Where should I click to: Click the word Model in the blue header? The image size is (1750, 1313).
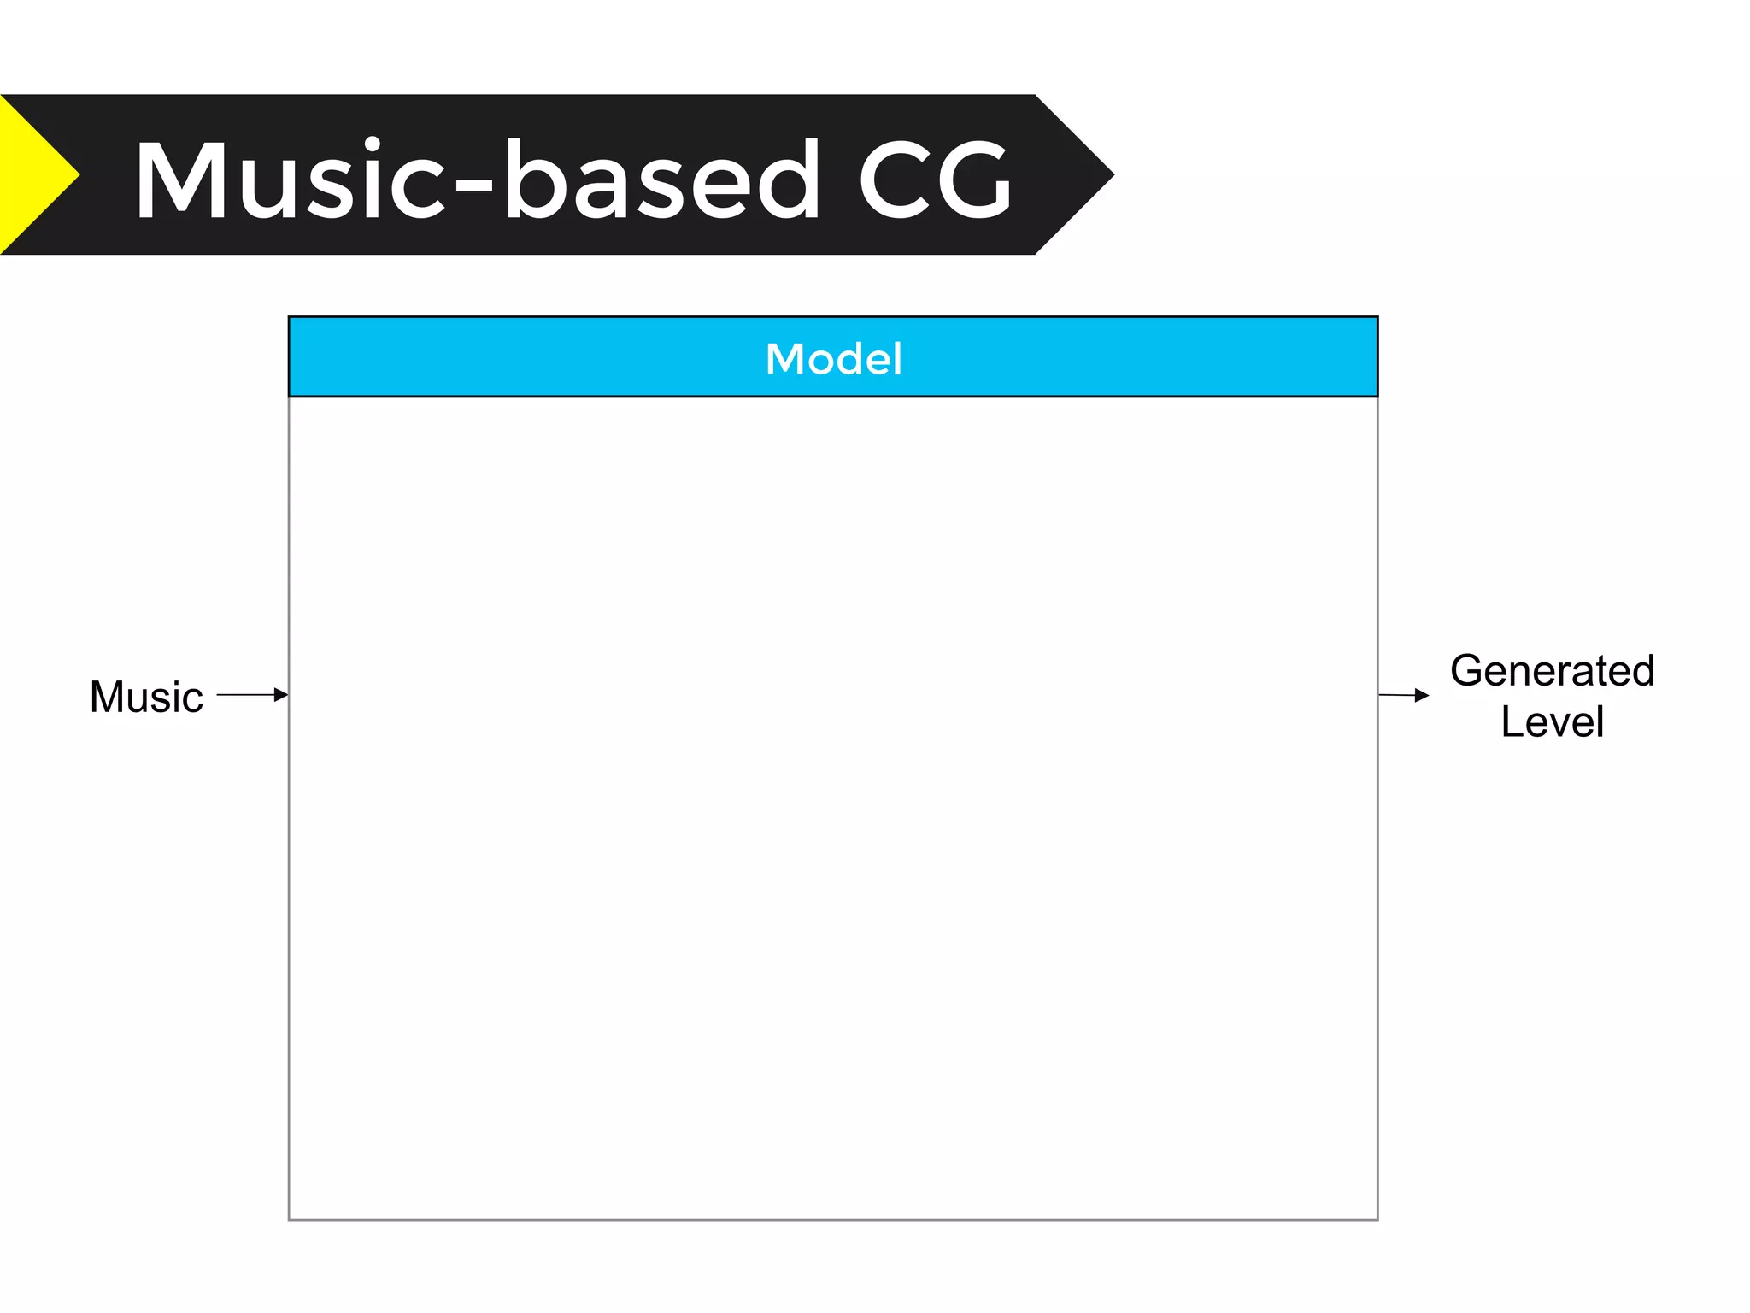tap(833, 359)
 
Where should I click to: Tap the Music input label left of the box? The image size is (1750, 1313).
tap(146, 697)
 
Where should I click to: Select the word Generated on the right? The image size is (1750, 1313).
tap(1552, 671)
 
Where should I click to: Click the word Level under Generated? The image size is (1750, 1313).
tap(1552, 721)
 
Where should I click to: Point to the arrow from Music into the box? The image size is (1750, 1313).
tap(252, 695)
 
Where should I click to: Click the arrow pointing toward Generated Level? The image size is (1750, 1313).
tap(1403, 695)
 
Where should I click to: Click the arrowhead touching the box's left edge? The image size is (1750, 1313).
tap(281, 695)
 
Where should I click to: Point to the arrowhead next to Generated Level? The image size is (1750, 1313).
tap(1422, 696)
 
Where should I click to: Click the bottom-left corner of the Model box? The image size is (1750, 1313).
tap(290, 1219)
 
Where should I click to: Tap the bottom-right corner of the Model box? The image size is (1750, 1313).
tap(1377, 1219)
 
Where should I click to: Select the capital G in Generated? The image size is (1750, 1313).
tap(1467, 671)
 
